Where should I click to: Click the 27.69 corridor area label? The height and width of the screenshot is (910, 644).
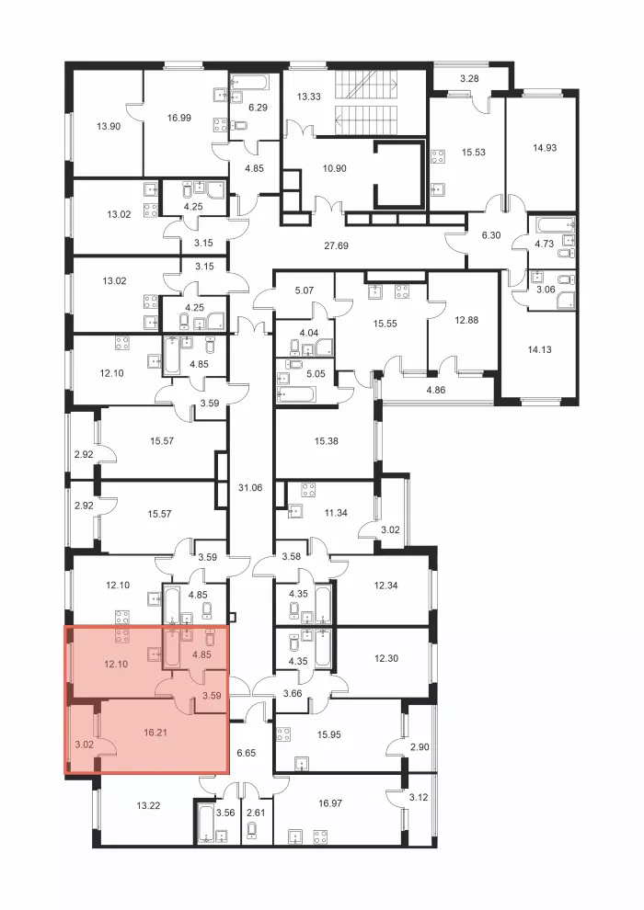tap(336, 245)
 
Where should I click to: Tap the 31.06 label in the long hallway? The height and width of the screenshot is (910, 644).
tap(250, 487)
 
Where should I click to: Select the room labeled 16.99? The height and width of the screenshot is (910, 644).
tap(178, 118)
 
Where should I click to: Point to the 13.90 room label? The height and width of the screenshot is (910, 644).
tap(109, 125)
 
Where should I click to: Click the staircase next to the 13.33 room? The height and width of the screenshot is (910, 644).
tap(366, 103)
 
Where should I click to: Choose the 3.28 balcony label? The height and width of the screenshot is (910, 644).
tap(469, 78)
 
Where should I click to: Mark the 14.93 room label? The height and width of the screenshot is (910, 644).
tap(545, 147)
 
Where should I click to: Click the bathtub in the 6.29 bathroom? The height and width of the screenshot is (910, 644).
tap(251, 82)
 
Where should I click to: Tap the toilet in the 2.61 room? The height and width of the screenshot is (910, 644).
tap(252, 832)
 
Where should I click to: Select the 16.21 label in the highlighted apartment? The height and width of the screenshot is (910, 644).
tap(155, 733)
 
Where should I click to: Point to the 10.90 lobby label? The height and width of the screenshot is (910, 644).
tap(335, 168)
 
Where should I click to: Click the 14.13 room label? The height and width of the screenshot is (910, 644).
tap(539, 349)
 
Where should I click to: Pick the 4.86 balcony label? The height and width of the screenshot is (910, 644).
tap(435, 390)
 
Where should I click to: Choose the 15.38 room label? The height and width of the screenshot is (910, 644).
tap(327, 441)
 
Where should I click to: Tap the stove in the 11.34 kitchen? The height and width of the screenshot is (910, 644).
tap(308, 490)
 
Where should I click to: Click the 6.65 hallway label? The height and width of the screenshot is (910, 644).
tap(247, 753)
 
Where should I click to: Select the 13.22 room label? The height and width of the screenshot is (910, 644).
tap(148, 805)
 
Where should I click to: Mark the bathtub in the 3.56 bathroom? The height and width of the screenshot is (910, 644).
tap(205, 823)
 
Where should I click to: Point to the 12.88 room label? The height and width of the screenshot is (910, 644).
tap(466, 320)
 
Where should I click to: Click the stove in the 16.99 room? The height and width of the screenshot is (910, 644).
tap(221, 124)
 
